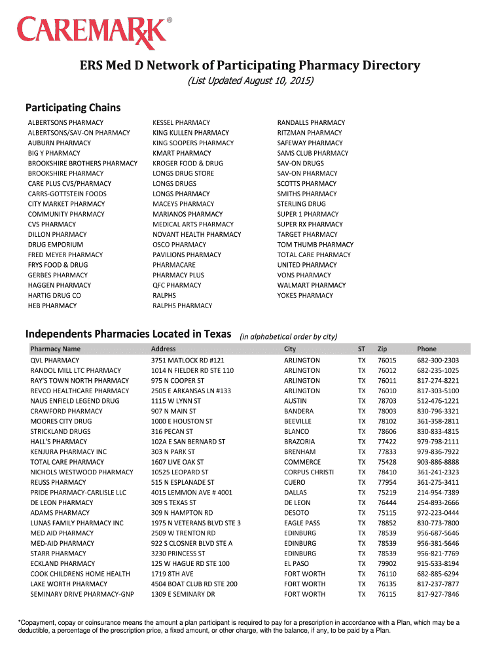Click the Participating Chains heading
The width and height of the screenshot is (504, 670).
coord(73,107)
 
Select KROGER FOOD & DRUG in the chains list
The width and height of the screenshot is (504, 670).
coord(188,163)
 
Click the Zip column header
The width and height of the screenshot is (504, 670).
coord(383,349)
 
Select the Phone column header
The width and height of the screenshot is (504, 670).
coord(427,349)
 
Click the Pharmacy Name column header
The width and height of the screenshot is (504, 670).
coord(56,349)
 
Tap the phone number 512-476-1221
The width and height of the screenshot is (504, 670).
coord(438,401)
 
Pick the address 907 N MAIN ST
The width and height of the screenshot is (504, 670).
coord(173,411)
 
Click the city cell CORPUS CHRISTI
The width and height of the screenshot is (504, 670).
coord(309,472)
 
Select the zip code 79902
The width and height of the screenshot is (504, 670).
coord(387,563)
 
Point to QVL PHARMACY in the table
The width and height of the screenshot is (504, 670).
coord(55,361)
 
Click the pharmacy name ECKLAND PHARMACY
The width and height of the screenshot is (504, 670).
coord(63,563)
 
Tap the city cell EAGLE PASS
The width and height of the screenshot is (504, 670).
coord(302,523)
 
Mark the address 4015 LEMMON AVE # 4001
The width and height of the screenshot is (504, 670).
coord(192,492)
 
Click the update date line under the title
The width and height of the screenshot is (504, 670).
coord(251,81)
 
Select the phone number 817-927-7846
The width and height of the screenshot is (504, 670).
coord(438,594)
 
